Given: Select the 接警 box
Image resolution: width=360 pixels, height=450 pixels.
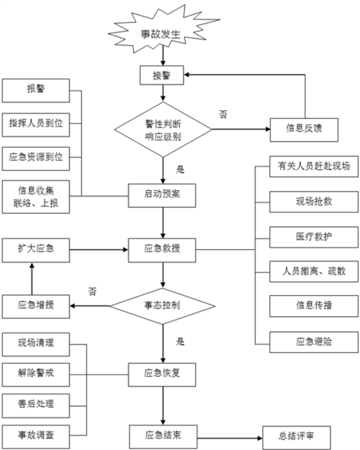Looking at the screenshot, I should (163, 74).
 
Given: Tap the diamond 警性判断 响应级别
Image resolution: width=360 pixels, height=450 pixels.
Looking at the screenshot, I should (163, 130).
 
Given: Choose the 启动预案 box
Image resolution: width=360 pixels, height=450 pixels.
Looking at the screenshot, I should (163, 194).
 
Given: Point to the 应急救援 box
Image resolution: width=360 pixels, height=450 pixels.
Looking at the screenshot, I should (163, 249).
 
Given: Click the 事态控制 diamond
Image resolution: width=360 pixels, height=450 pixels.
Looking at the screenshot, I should (163, 305).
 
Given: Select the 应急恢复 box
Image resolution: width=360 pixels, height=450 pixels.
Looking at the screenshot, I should (163, 372).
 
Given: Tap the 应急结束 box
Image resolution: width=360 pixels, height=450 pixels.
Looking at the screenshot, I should (163, 436).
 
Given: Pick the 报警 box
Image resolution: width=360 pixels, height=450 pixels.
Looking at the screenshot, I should (35, 91).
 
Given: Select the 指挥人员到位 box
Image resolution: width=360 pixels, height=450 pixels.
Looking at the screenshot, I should (35, 124).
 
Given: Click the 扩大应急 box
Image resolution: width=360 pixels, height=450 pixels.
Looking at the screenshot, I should (35, 249).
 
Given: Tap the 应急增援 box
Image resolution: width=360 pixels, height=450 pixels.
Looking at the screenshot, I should (35, 305).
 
